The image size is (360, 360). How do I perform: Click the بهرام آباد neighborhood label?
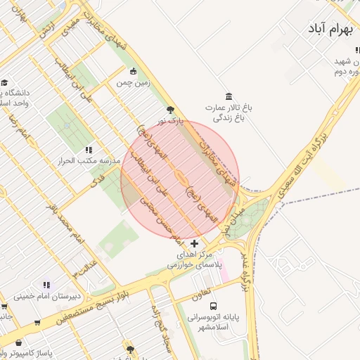click(334, 29)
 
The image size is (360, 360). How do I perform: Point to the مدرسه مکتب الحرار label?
click(88, 160)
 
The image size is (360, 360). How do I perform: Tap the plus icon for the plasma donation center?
click(195, 243)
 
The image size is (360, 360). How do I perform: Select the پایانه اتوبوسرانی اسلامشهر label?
click(213, 322)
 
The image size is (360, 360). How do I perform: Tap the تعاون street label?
click(205, 290)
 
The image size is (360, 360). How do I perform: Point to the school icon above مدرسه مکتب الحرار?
click(89, 150)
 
